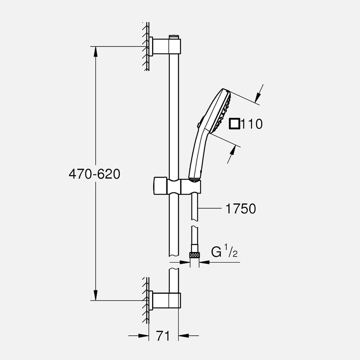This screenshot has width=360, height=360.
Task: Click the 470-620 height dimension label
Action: pos(94,174)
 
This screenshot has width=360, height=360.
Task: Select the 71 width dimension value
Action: pos(163,336)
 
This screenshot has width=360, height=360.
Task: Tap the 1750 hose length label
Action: pos(241,209)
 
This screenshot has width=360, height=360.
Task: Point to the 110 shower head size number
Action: pos(252,124)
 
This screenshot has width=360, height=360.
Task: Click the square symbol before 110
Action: pos(234,124)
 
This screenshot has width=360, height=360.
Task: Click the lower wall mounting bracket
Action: pos(165,300)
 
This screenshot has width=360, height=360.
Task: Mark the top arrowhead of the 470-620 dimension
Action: pos(96,52)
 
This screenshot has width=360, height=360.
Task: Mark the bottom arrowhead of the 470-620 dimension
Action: pos(96,295)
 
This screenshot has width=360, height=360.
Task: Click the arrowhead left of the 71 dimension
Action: pos(143,336)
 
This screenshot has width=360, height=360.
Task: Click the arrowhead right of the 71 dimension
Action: pos(184,336)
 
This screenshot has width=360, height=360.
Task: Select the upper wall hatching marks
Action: pos(145,47)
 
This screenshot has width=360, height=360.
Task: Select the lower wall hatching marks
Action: pos(145,300)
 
